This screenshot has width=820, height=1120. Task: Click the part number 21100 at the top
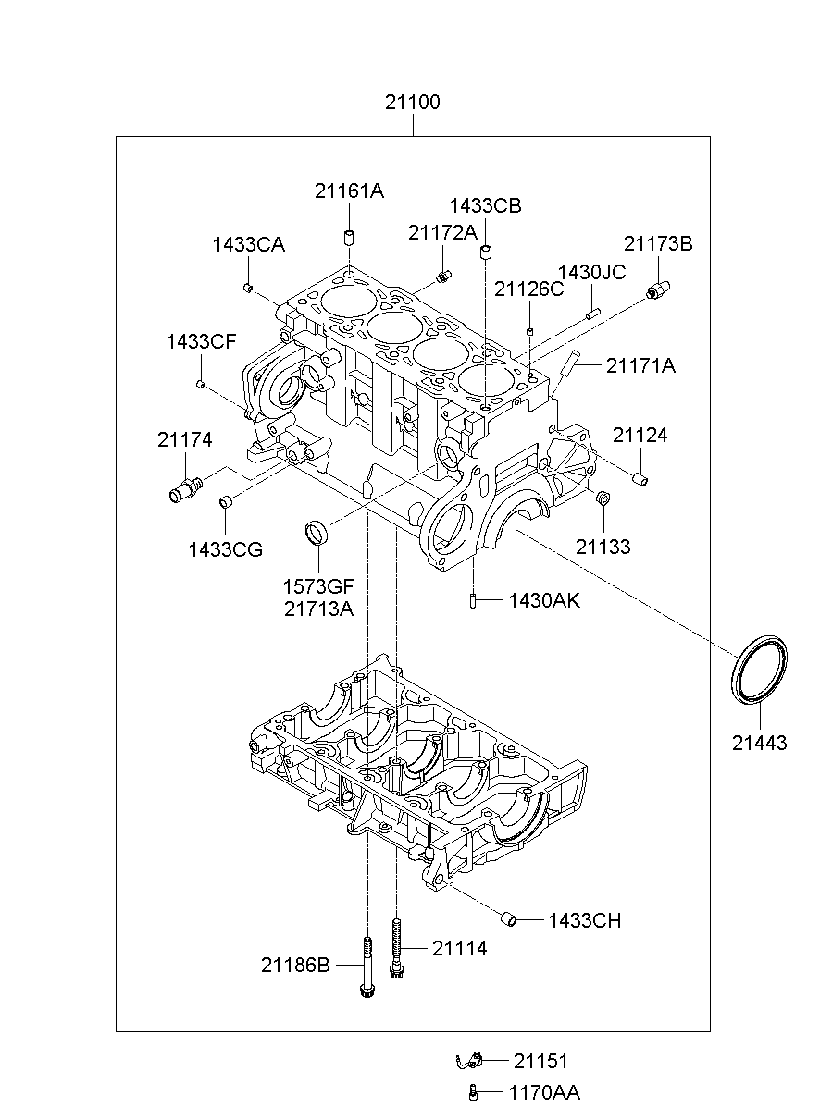(x=412, y=102)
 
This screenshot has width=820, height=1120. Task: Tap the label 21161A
(x=349, y=191)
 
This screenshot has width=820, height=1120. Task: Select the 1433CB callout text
(x=485, y=206)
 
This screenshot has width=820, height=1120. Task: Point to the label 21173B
(x=658, y=244)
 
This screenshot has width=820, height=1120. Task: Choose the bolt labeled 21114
(x=396, y=948)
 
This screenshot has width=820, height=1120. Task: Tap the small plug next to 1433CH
(x=509, y=919)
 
